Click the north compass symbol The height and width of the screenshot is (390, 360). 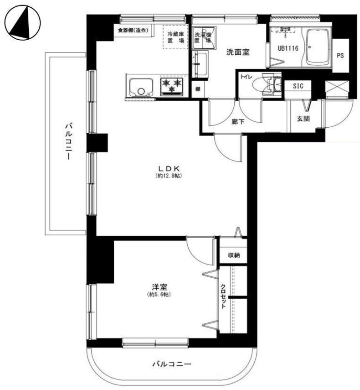click(23, 23)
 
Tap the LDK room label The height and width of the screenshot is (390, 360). click(169, 168)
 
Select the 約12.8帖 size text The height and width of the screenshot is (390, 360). click(169, 176)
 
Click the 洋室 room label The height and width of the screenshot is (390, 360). click(159, 287)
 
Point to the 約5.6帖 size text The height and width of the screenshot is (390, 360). click(159, 295)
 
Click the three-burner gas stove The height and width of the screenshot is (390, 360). click(172, 86)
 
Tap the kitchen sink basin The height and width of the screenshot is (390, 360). click(141, 88)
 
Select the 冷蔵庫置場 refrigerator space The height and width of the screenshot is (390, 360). click(175, 37)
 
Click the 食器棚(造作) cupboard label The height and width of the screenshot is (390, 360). click(133, 31)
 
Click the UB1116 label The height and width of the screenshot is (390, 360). click(288, 48)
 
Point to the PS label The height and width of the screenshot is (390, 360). click(340, 56)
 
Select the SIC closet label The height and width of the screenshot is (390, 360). click(298, 86)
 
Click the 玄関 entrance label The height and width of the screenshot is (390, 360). click(303, 119)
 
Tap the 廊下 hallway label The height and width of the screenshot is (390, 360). click(238, 122)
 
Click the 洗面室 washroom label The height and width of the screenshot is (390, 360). click(238, 52)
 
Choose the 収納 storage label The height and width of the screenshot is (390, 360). click(234, 255)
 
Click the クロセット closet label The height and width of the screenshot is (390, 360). click(223, 296)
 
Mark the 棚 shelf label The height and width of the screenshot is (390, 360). click(198, 89)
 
